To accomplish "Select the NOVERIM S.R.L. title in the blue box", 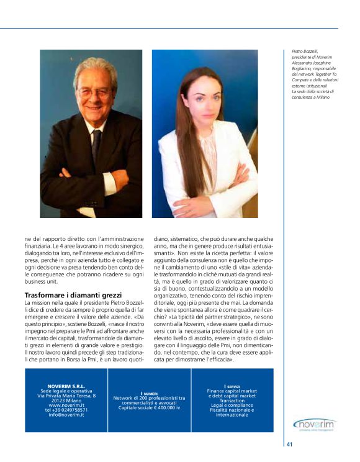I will (66, 386).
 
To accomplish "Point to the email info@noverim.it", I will (66, 415).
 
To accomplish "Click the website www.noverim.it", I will (66, 405).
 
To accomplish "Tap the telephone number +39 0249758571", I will (66, 410).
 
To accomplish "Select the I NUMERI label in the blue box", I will (149, 392).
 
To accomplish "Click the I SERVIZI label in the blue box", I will (232, 386).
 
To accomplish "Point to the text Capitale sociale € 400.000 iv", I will (149, 407).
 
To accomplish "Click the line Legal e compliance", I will (232, 405).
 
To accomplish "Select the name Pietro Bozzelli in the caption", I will (305, 53).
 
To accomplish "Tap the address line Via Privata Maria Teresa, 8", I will (66, 396).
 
